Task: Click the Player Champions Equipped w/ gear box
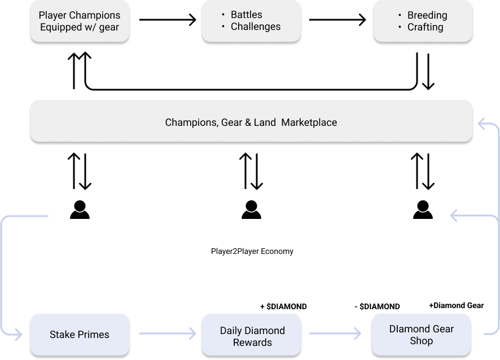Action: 80,21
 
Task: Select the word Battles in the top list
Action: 247,15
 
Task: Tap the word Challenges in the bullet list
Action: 256,27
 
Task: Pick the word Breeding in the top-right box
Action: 427,15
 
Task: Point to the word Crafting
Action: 425,27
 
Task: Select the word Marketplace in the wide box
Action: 309,122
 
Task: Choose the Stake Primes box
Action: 80,335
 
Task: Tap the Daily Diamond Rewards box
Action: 252,336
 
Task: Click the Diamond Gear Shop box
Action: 422,335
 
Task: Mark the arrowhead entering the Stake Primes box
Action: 19,335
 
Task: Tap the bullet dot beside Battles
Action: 223,15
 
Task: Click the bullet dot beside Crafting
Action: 400,27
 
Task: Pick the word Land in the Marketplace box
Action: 265,122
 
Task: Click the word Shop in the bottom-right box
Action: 422,341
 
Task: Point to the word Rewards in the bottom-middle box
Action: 252,343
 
